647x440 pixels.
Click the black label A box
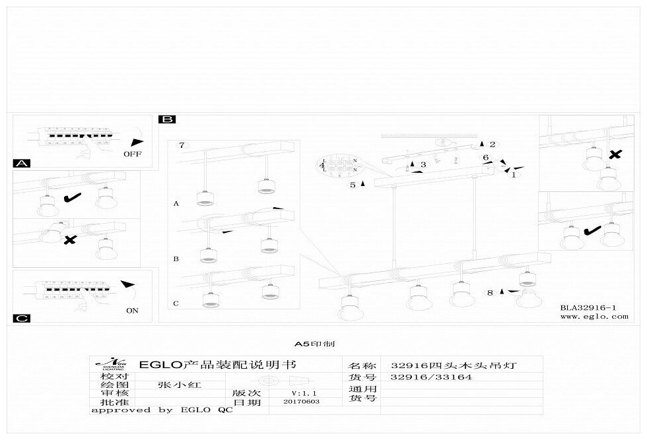(x=22, y=163)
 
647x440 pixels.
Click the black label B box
(x=167, y=119)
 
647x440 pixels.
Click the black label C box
(x=22, y=319)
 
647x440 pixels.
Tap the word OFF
(x=132, y=154)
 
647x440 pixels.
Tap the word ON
(x=132, y=311)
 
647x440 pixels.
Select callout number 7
(x=183, y=144)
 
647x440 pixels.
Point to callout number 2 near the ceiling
(x=492, y=144)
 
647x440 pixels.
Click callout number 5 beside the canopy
(x=353, y=185)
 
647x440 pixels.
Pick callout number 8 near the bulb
(x=490, y=292)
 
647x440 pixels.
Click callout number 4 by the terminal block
(x=322, y=165)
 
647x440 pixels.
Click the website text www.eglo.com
(x=594, y=317)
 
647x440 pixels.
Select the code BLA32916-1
(x=588, y=307)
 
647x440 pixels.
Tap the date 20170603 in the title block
(x=299, y=402)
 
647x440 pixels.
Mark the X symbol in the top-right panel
(x=614, y=154)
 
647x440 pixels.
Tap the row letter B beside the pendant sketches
(x=176, y=259)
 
